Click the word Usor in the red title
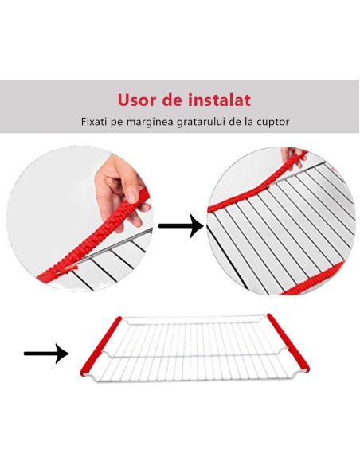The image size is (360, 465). pyautogui.click(x=136, y=100)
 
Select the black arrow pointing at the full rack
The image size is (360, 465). pyautogui.click(x=45, y=353)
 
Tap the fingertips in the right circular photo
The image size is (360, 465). pyautogui.click(x=297, y=154)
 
